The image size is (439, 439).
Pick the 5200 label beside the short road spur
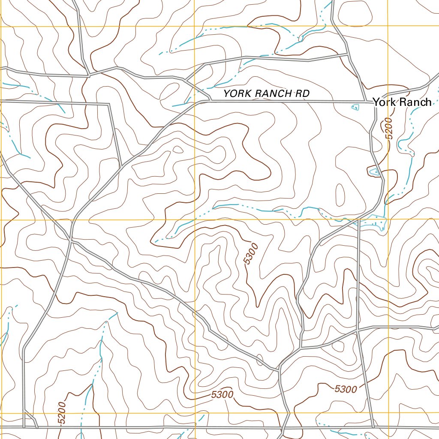(62, 413)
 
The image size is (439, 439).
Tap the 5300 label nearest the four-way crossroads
(345, 389)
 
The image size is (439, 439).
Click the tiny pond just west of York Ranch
(355, 107)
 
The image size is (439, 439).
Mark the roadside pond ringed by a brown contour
(374, 172)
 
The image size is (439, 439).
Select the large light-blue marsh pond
(372, 222)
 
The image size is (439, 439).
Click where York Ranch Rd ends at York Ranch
(371, 102)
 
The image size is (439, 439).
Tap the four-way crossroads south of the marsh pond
(357, 331)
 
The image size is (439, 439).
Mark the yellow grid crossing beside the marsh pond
(388, 219)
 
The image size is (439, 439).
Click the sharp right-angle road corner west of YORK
(109, 104)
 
